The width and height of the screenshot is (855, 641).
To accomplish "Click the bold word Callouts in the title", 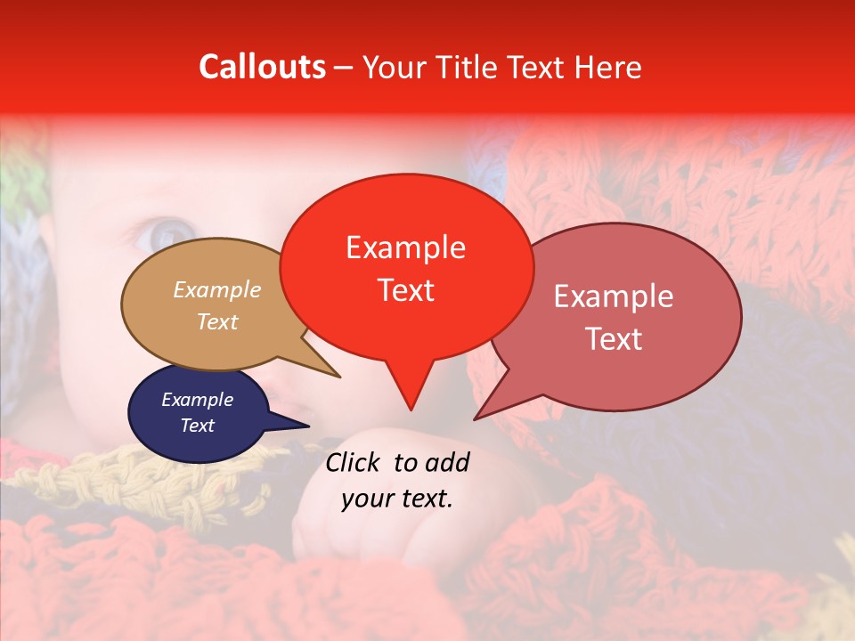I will (x=262, y=67).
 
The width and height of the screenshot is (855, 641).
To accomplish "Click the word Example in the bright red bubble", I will (x=405, y=247).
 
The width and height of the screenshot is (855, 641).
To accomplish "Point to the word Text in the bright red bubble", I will (x=405, y=290).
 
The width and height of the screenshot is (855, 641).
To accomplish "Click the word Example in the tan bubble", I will (x=216, y=290).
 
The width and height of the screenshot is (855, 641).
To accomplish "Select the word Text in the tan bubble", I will (x=216, y=321).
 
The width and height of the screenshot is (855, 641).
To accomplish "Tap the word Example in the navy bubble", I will (x=197, y=400).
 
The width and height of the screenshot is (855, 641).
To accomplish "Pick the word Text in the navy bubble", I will (x=197, y=426).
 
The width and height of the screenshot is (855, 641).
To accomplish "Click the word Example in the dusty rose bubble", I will (x=613, y=296).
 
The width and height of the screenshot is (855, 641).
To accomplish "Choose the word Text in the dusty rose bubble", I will (x=613, y=338).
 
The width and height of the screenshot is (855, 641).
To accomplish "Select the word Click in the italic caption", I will (x=354, y=462).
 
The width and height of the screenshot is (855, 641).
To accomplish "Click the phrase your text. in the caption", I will (x=396, y=499).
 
